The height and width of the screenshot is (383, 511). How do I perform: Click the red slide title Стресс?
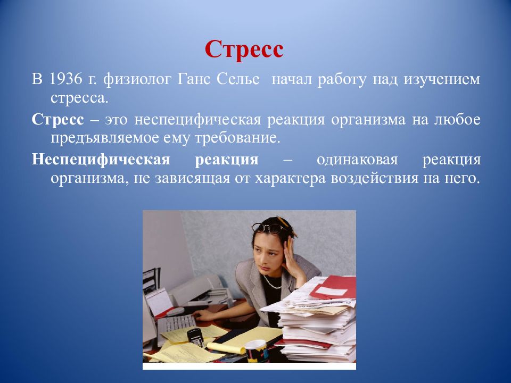coord(244,50)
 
